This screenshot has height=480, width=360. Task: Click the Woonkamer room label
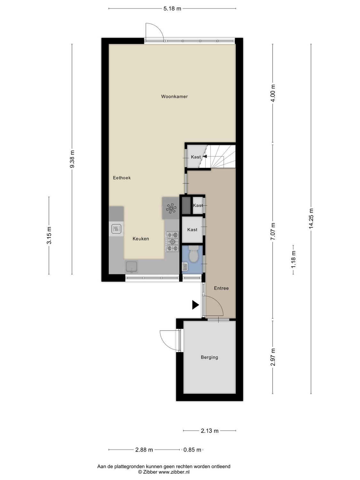tap(174, 96)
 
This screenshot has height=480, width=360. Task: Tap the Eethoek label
tap(122, 178)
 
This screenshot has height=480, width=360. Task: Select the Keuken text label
tap(141, 239)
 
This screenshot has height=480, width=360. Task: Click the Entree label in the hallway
tap(221, 288)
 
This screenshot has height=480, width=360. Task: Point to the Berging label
tap(210, 357)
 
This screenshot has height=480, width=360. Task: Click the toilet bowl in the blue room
tap(193, 254)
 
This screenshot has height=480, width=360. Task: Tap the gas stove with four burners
tap(172, 242)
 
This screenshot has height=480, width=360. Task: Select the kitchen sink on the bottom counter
tap(132, 267)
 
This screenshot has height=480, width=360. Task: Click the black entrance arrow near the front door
tap(195, 305)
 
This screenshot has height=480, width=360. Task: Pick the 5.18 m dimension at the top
tap(172, 9)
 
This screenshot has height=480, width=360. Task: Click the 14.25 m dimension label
tap(311, 219)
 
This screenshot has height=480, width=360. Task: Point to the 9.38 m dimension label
tap(72, 159)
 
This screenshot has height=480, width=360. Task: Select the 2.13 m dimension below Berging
tap(210, 431)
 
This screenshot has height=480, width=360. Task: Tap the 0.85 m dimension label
tap(192, 450)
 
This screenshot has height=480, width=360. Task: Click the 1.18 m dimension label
tap(293, 260)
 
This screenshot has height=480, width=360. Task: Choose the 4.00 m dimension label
tap(273, 93)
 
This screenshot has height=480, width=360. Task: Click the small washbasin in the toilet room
tap(185, 266)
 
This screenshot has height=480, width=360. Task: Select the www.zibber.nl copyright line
tap(164, 472)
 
